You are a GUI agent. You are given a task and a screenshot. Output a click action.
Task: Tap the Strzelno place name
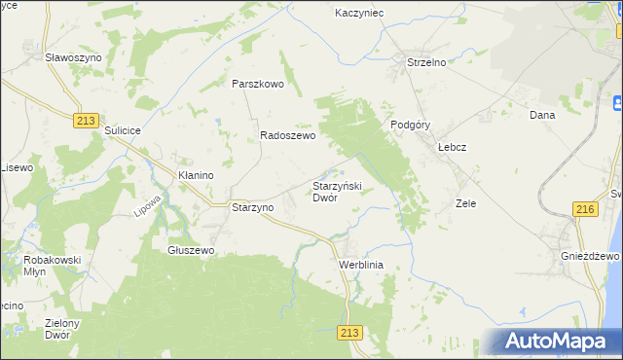[x=425, y=63]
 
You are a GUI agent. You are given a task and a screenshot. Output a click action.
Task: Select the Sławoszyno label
[x=72, y=57]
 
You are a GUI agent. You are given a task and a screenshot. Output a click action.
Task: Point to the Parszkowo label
[x=257, y=84]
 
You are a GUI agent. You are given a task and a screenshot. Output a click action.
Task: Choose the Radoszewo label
[x=287, y=137]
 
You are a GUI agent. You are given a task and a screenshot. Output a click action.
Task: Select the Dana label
[x=541, y=115]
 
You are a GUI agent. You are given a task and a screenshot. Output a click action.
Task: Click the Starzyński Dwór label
[x=337, y=191]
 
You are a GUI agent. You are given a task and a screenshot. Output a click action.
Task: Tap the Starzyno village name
[x=253, y=207]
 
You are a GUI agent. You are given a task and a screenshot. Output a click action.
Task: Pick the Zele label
[x=465, y=204]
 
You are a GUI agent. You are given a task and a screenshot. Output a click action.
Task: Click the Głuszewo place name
[x=191, y=250]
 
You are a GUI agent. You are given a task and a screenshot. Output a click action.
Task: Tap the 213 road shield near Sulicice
[x=86, y=119]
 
